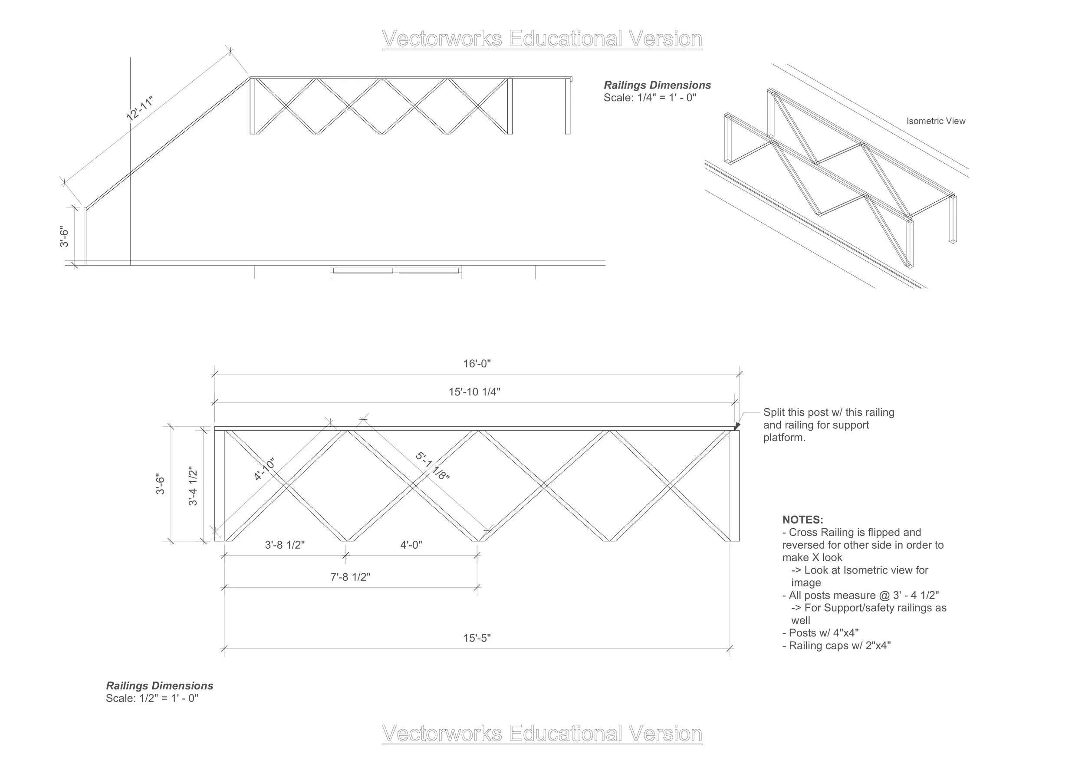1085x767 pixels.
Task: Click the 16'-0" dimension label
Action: click(477, 364)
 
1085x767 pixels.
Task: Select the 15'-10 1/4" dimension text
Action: click(474, 392)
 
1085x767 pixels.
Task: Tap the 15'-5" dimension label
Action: click(477, 638)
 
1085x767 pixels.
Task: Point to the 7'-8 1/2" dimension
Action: click(350, 577)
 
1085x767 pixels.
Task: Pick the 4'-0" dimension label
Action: click(411, 545)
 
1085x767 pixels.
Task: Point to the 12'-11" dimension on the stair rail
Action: click(140, 109)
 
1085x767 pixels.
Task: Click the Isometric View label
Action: click(935, 121)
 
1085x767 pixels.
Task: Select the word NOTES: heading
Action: click(802, 520)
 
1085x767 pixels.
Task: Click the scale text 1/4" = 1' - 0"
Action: click(650, 98)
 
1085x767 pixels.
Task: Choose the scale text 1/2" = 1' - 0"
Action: click(152, 698)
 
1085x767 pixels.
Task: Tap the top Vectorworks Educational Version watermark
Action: click(542, 39)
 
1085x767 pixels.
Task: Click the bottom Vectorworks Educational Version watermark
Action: click(542, 734)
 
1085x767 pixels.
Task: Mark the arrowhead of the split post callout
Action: click(736, 427)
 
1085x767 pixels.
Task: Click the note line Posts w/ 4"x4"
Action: click(820, 633)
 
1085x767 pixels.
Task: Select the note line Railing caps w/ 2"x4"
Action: click(836, 645)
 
